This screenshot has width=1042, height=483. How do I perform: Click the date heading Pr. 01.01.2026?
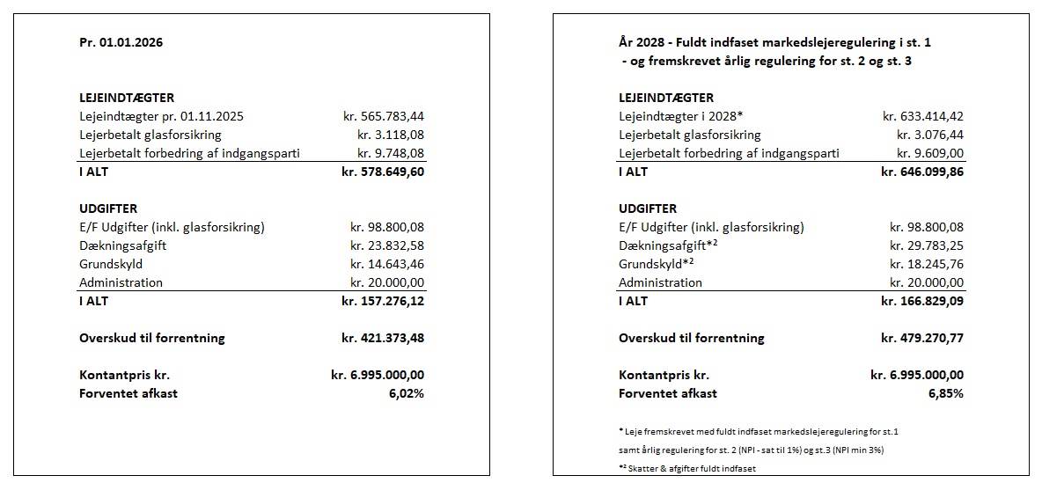(121, 41)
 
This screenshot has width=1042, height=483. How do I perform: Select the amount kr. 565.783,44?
(384, 116)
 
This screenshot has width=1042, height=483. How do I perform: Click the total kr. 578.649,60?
(383, 172)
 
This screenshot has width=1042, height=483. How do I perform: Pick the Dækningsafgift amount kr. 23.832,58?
(387, 245)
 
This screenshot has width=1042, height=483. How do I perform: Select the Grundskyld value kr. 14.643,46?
(387, 264)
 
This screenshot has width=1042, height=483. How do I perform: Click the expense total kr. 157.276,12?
(383, 301)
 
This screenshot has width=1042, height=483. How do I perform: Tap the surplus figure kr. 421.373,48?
(383, 338)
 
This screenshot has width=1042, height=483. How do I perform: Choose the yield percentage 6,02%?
(407, 393)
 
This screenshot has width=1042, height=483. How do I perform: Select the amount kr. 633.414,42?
(923, 116)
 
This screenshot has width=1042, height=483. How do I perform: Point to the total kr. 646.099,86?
(922, 172)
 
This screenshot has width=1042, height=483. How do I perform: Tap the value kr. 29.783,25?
(927, 245)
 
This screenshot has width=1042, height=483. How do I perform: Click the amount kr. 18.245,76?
(927, 264)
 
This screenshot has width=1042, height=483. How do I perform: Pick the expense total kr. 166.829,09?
(922, 301)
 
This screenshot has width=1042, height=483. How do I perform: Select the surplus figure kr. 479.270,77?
(922, 338)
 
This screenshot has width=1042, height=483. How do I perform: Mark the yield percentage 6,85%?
(946, 393)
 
